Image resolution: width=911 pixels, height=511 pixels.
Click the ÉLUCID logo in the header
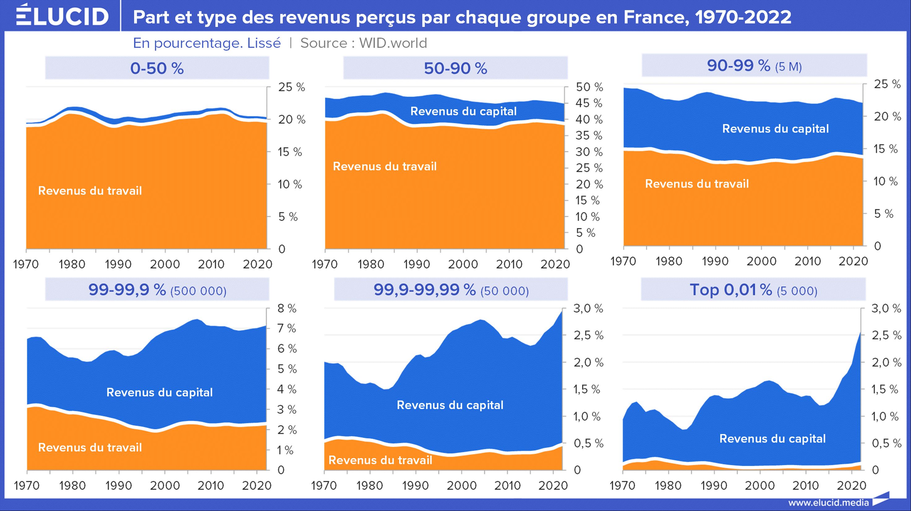pos(62,15)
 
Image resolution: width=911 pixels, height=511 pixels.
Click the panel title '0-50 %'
pos(157,68)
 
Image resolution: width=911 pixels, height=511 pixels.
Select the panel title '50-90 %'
pos(455,68)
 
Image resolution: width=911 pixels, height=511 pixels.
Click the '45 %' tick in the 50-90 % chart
pos(589,103)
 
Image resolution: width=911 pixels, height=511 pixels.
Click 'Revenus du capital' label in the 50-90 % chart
pos(463,111)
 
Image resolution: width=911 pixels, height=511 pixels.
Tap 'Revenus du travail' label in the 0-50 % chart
pos(90,191)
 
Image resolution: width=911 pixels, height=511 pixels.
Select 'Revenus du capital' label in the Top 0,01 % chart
pos(772,439)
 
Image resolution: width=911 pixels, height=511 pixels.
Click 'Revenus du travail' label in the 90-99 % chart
pos(697,184)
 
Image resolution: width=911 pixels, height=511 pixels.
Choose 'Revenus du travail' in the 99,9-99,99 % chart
pos(380,460)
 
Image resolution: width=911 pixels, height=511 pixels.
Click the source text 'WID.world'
pos(393,43)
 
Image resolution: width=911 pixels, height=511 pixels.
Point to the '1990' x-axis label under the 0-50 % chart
pos(118,264)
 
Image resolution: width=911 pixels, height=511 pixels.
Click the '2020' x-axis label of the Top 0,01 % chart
pos(851,486)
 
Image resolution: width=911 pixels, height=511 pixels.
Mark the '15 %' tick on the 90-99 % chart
pos(886,149)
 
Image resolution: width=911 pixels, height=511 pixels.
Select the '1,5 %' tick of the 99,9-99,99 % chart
pos(587,389)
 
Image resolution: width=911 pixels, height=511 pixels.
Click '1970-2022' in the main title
pos(743,17)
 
